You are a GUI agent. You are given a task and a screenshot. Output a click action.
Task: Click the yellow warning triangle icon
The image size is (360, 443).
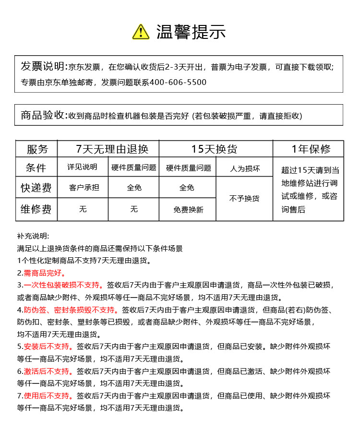[x=141, y=32]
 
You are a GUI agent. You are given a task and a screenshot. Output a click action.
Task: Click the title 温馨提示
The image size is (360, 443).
[x=191, y=32]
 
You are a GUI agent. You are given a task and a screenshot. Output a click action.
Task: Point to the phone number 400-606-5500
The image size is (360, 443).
[x=178, y=83]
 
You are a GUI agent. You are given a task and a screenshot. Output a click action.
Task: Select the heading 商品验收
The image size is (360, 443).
[x=42, y=115]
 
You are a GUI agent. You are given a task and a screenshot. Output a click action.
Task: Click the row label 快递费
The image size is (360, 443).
[x=36, y=188]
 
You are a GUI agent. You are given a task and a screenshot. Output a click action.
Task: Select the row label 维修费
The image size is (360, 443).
[x=36, y=209]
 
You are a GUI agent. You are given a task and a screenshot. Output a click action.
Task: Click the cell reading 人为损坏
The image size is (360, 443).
[x=245, y=168]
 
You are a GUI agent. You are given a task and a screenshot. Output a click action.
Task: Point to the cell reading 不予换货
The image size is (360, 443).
[x=244, y=198]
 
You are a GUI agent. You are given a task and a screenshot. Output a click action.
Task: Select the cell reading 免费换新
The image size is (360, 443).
[x=188, y=210]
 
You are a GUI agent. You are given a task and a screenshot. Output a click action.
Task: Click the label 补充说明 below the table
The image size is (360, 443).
[x=33, y=236]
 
